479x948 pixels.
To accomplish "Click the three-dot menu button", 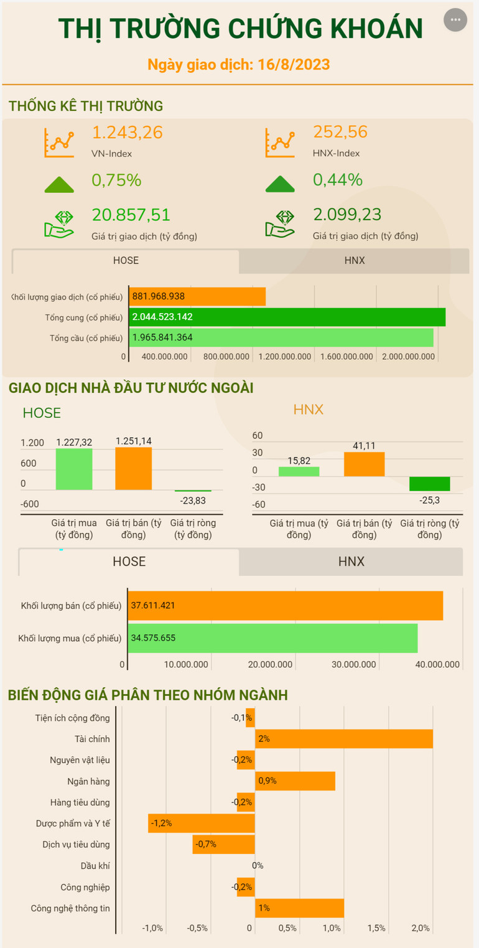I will (x=455, y=20).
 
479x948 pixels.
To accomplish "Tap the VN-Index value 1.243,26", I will (x=128, y=133).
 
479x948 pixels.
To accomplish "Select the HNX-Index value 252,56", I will (x=340, y=133).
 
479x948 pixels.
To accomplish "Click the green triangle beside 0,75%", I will (x=59, y=184).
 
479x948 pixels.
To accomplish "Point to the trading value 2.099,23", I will (x=347, y=215).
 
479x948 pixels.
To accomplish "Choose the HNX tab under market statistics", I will (x=354, y=261).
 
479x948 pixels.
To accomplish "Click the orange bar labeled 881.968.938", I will (x=198, y=296).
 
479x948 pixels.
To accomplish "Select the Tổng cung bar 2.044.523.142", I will (x=287, y=317).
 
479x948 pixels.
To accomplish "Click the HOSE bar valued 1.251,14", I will (x=133, y=468).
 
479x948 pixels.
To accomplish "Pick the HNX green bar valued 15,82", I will (x=299, y=471).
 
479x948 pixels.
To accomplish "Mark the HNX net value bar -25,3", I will (x=429, y=484).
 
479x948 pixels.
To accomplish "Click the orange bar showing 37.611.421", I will (x=286, y=605).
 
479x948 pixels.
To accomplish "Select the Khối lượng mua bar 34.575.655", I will (x=272, y=638).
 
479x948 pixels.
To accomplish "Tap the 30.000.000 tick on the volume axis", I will (x=354, y=665).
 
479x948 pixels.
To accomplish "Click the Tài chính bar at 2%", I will (x=344, y=739).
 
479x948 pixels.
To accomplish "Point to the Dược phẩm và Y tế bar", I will (x=202, y=823).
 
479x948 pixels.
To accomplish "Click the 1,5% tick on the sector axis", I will (x=376, y=928).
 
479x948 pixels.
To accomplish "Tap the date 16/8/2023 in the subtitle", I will (x=293, y=64).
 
